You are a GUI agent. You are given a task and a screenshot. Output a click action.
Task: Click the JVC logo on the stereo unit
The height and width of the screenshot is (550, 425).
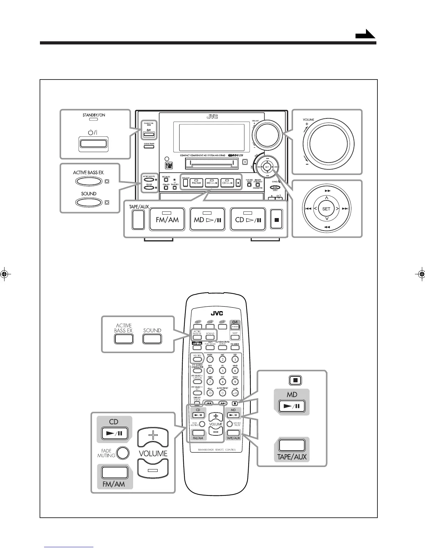pyautogui.click(x=212, y=117)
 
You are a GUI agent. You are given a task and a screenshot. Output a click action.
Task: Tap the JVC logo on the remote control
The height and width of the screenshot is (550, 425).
pyautogui.click(x=216, y=314)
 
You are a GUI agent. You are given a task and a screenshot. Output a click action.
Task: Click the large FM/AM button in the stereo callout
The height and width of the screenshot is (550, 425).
pyautogui.click(x=167, y=219)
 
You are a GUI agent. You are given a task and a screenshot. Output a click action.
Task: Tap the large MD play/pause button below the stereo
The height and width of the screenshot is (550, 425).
pyautogui.click(x=208, y=219)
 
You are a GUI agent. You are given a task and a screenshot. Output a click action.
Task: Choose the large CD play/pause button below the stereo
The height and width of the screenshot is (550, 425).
pyautogui.click(x=248, y=219)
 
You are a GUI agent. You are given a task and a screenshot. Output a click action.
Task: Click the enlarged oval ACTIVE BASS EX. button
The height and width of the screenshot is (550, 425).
pyautogui.click(x=89, y=181)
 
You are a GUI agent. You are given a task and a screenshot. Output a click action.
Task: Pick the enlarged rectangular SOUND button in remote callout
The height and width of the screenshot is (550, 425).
pyautogui.click(x=152, y=339)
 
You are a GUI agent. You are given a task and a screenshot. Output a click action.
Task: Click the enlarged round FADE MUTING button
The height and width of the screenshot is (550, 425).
pyautogui.click(x=123, y=453)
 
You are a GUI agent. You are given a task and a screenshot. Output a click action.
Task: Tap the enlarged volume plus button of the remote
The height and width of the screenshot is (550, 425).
pyautogui.click(x=153, y=437)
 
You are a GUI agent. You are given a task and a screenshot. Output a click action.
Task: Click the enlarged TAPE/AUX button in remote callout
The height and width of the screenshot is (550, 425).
pyautogui.click(x=292, y=445)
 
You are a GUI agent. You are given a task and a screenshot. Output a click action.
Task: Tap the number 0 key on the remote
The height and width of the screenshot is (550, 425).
pyautogui.click(x=223, y=393)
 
